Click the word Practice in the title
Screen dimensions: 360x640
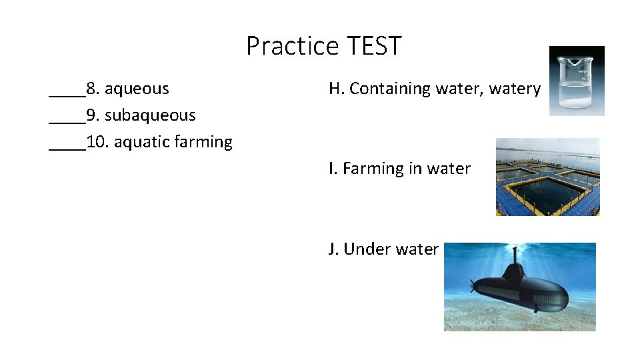pyautogui.click(x=293, y=46)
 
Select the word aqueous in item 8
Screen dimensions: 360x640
pyautogui.click(x=137, y=89)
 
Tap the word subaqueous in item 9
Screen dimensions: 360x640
pyautogui.click(x=150, y=115)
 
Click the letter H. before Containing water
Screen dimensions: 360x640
pyautogui.click(x=336, y=89)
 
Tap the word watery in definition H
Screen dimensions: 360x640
pyautogui.click(x=515, y=89)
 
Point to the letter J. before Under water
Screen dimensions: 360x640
pyautogui.click(x=333, y=249)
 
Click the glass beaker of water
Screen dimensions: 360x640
pyautogui.click(x=577, y=81)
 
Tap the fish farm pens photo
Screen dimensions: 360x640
pyautogui.click(x=547, y=177)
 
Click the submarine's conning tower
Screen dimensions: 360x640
pyautogui.click(x=515, y=270)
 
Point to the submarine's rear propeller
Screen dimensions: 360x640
pyautogui.click(x=474, y=288)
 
